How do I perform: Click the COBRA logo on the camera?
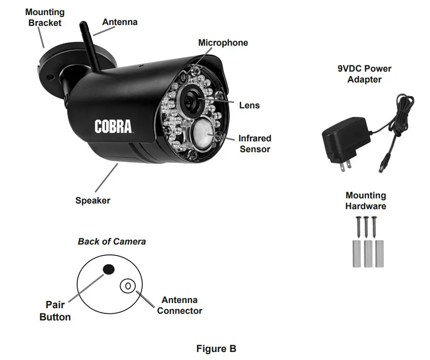113,127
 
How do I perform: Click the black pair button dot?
109,269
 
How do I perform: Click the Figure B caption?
216,349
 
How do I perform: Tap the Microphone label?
223,43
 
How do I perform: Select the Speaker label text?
93,201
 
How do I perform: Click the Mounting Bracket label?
45,17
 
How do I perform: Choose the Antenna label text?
120,22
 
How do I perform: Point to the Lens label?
249,106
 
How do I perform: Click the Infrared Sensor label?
255,144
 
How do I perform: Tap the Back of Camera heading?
112,241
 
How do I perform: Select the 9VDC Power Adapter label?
365,74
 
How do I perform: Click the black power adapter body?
344,142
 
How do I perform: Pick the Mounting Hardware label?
365,201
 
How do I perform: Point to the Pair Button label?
55,311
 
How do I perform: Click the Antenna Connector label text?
179,305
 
